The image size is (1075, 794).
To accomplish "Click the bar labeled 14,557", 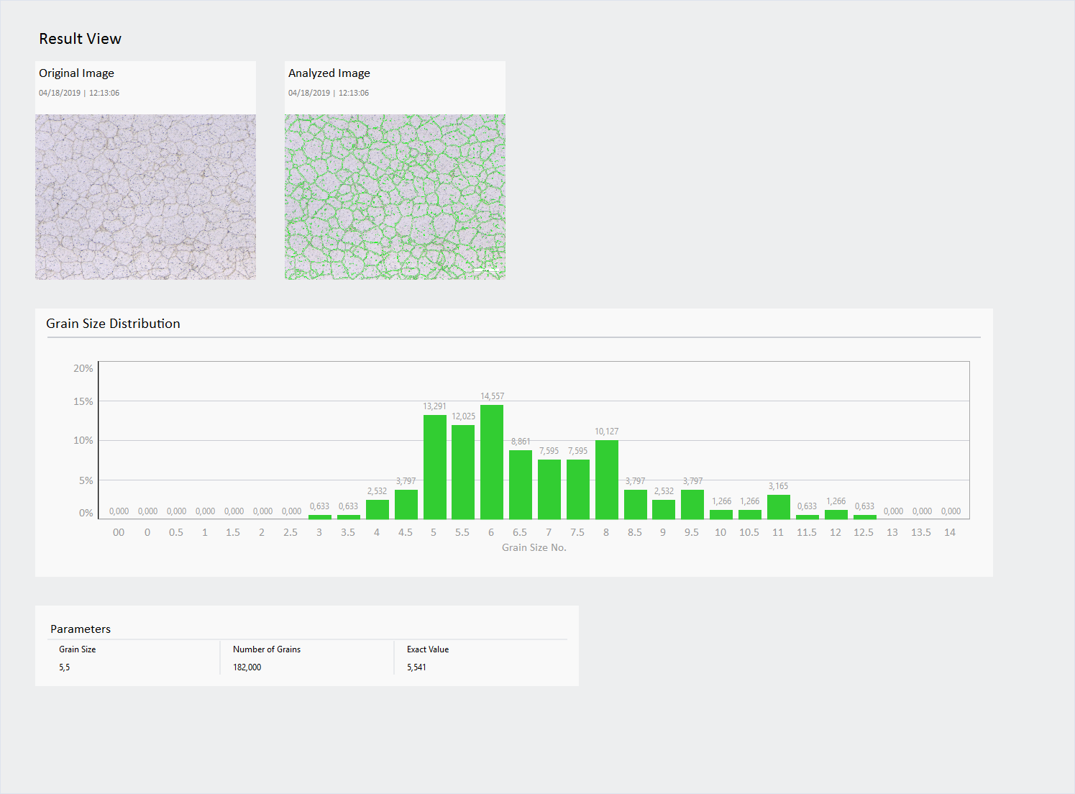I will click(492, 462).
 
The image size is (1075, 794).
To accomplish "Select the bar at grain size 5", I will click(434, 467).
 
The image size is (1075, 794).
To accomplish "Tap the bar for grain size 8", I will click(606, 479).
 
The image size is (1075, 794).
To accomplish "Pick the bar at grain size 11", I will click(778, 506).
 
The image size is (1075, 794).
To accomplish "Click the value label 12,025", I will click(463, 416).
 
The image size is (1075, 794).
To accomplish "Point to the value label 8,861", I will click(521, 442).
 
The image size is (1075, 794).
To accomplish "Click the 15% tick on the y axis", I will click(83, 401).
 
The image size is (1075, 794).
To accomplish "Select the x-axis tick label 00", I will click(119, 532).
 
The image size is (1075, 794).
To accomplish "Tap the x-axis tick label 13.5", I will click(920, 532).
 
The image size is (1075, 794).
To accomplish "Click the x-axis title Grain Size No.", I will click(534, 547).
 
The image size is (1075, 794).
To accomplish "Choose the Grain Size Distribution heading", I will click(113, 324).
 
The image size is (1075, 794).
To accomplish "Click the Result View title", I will click(80, 39).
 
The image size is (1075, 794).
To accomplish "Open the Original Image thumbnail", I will click(145, 196).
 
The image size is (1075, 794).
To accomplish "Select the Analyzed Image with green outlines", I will click(395, 196).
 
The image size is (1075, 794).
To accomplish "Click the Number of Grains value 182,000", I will click(247, 667).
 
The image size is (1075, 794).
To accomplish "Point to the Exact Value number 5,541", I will click(416, 667).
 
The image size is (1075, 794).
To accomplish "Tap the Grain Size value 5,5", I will click(65, 667).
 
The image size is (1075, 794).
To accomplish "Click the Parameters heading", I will click(81, 629).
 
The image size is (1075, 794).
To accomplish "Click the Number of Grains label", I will click(267, 649).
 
